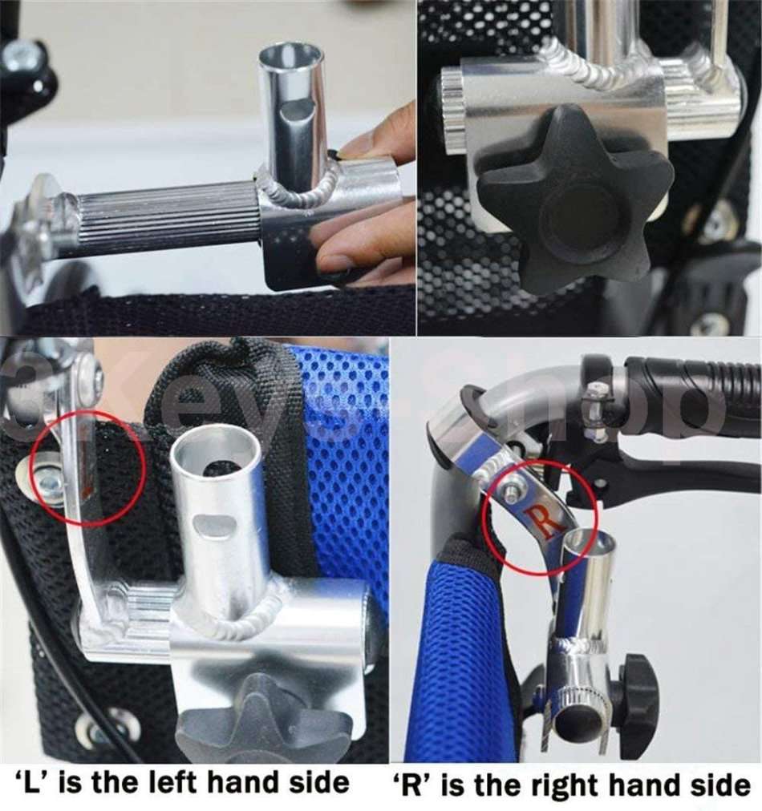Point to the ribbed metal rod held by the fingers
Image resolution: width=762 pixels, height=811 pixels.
click(x=168, y=217)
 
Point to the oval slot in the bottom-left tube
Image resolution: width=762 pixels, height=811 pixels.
click(x=216, y=526)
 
